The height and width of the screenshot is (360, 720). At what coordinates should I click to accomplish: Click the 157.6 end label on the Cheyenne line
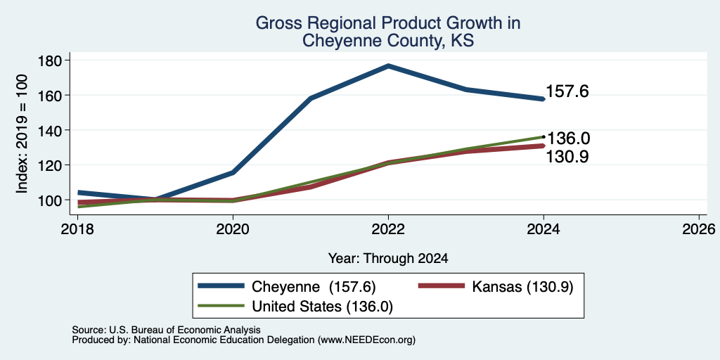pos(567,92)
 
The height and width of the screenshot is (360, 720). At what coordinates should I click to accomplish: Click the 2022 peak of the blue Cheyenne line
pos(388,66)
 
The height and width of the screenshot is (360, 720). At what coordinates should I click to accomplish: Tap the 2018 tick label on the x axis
pos(77,229)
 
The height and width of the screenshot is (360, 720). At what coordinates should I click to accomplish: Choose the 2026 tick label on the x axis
pos(699,229)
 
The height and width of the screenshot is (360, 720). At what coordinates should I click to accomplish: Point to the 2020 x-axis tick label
pos(233,229)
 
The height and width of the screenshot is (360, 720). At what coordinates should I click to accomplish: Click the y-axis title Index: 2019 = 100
pos(22,134)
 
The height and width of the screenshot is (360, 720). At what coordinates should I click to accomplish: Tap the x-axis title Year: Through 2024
pos(388,259)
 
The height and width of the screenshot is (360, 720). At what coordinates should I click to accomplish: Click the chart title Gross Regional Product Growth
pos(388,23)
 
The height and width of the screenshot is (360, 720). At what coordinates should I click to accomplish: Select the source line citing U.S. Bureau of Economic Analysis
pos(166,330)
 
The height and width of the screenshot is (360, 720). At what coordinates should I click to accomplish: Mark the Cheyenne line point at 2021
pos(311,98)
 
